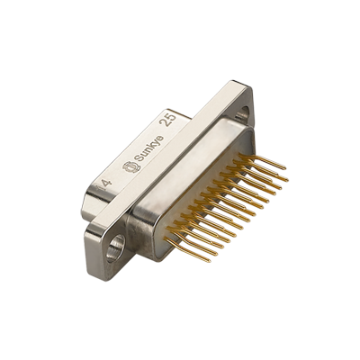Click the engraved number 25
coord(166,119)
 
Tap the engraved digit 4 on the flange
coord(107,183)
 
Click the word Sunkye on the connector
coord(141,150)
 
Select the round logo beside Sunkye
coord(123,167)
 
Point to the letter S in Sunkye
coord(130,160)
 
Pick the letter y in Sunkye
coord(148,143)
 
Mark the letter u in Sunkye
coord(135,156)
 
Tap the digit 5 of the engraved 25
coord(168,115)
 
